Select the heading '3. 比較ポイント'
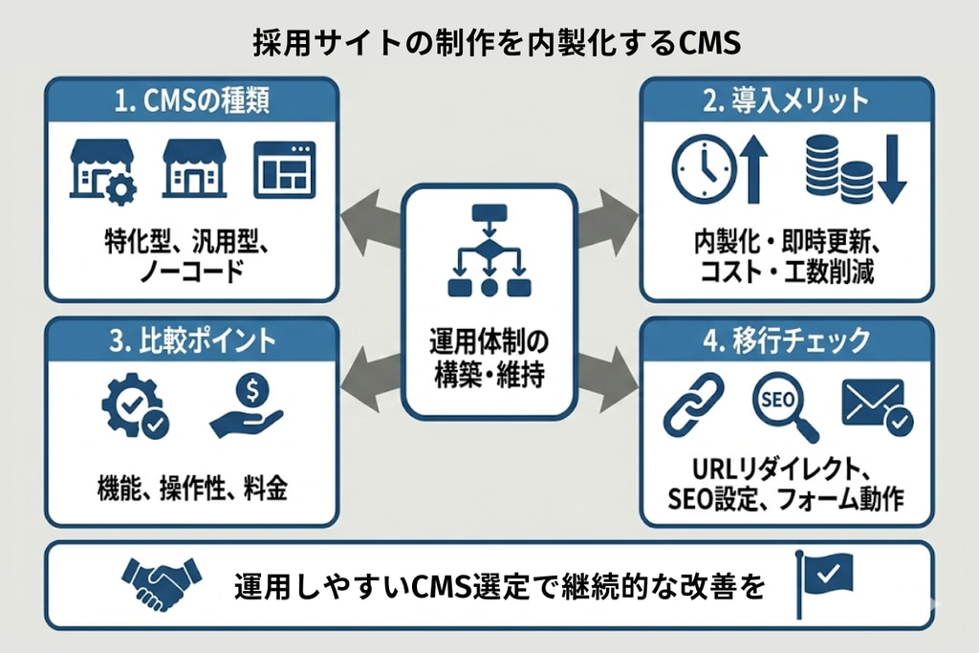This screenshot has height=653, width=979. tap(191, 340)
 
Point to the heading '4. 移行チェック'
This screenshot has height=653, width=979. tap(786, 340)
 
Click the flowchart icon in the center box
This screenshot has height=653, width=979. tap(489, 250)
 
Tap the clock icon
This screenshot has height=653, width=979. tap(705, 168)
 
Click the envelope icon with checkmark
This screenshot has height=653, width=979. tap(876, 406)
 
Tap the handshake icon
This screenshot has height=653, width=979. tap(162, 584)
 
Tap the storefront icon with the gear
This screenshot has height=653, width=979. tap(102, 172)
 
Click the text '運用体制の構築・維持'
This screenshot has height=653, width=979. tap(489, 358)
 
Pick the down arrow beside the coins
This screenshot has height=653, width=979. tap(890, 169)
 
